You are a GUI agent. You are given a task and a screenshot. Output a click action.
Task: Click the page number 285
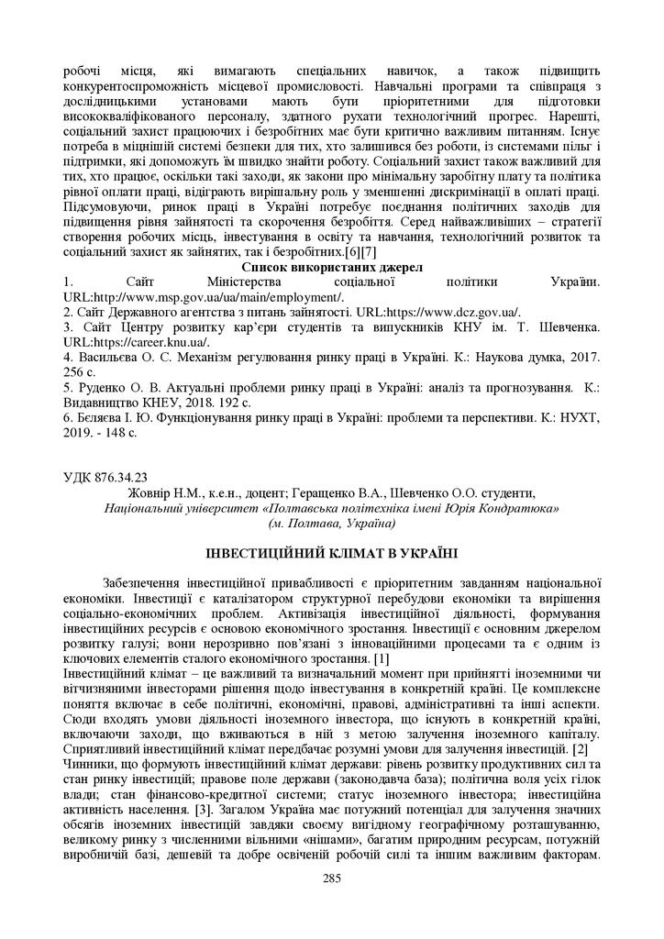point(331,878)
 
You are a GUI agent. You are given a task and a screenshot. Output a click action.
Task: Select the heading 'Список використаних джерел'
point(331,268)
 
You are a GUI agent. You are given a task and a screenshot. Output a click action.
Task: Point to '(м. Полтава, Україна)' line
point(331,523)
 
